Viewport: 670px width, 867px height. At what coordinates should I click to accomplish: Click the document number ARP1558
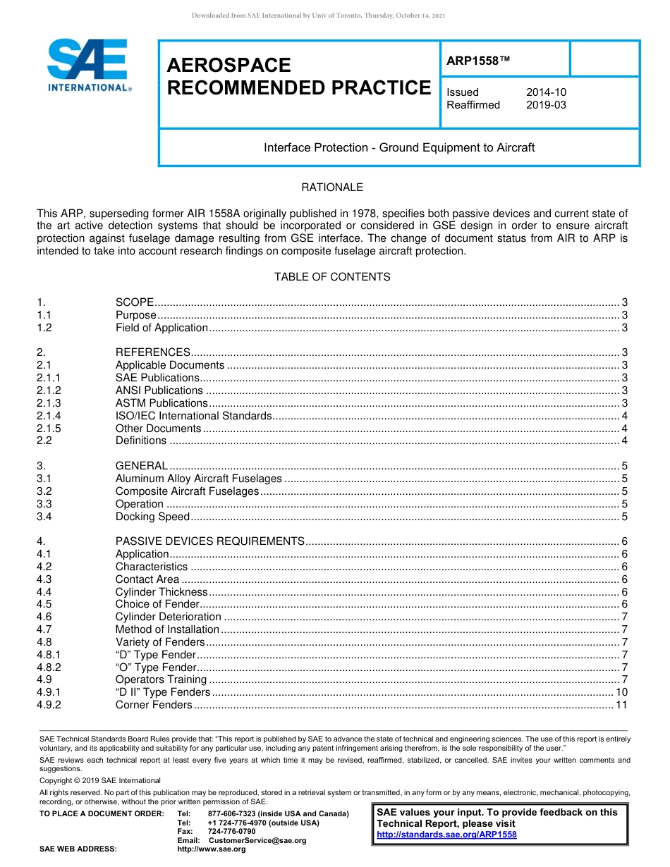click(x=477, y=61)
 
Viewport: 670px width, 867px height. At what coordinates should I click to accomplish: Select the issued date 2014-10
click(x=546, y=92)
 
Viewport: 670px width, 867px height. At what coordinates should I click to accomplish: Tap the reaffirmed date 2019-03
click(x=546, y=105)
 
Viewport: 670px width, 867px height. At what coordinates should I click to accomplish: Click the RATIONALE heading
click(x=332, y=187)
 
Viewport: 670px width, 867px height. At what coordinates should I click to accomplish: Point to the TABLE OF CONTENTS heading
click(x=332, y=277)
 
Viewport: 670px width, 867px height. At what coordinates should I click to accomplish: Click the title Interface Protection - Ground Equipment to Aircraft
click(x=399, y=148)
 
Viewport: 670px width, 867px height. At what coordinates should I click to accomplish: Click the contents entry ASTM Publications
click(x=162, y=403)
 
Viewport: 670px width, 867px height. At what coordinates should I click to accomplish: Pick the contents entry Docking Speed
click(x=152, y=517)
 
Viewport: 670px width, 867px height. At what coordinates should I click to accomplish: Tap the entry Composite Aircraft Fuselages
click(x=187, y=491)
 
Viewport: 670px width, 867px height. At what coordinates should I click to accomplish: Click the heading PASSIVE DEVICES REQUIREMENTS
click(x=209, y=541)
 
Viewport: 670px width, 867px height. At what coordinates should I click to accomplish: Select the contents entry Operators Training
click(x=161, y=680)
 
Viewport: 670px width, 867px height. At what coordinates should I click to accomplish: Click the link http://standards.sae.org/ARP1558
click(x=446, y=835)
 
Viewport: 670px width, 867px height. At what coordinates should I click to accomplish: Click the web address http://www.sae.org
click(x=212, y=849)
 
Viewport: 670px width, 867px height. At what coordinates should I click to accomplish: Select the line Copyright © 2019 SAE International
click(x=100, y=781)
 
